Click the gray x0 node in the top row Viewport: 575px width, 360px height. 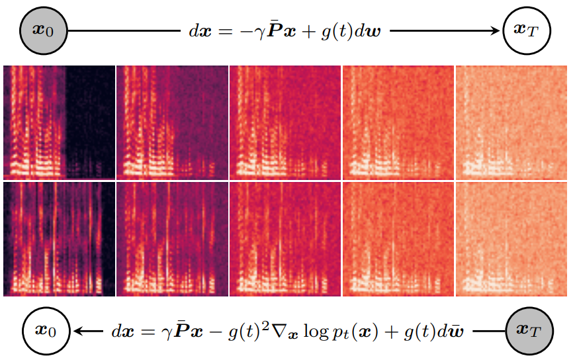pos(43,31)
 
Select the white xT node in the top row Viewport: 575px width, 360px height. pos(527,30)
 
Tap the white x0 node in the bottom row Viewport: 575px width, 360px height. pos(46,331)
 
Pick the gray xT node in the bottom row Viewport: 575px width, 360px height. pos(529,331)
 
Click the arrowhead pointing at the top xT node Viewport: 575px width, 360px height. pos(495,31)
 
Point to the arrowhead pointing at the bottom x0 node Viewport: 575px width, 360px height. pos(79,331)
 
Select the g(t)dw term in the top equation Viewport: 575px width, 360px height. pos(351,32)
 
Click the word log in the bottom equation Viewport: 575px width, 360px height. pos(316,332)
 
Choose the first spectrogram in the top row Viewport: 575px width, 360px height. pos(59,122)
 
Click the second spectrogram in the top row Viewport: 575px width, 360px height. pos(172,122)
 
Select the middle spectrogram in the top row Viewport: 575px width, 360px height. pos(285,122)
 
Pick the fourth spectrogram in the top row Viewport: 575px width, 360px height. pos(398,122)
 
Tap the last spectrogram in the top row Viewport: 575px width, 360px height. pos(511,122)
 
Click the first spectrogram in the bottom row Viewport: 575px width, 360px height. pos(59,239)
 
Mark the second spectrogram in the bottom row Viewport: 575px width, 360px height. pos(172,239)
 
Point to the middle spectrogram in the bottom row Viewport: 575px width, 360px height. pos(285,239)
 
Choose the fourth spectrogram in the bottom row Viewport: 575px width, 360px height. pos(398,239)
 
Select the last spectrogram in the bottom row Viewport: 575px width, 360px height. pos(511,239)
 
